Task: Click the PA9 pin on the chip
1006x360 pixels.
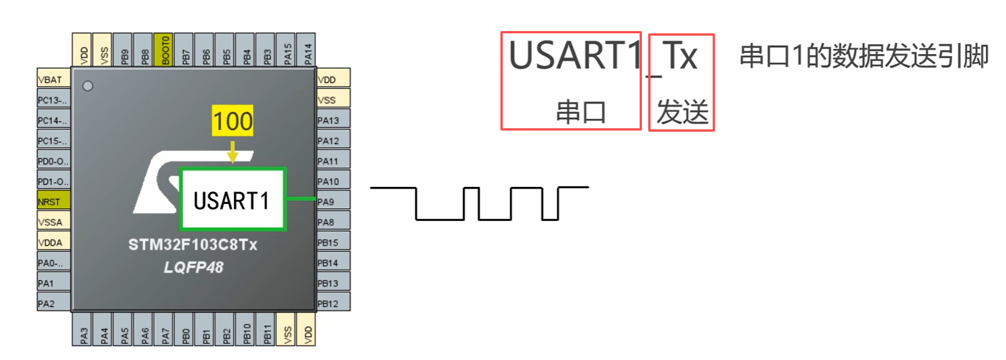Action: click(333, 201)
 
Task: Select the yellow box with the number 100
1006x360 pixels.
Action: click(232, 121)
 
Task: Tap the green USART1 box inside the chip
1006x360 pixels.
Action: click(232, 200)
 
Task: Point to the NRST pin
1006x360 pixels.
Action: click(53, 201)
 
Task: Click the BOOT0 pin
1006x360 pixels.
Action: click(165, 49)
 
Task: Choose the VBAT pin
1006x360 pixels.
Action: click(53, 79)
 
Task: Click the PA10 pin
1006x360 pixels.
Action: click(333, 181)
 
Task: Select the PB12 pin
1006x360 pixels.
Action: click(333, 303)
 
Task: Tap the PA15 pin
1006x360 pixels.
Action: click(288, 49)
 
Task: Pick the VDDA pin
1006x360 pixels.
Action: click(53, 242)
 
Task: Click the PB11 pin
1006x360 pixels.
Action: click(267, 330)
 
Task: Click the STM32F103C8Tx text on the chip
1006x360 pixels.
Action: click(193, 245)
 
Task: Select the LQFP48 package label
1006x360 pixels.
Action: click(193, 267)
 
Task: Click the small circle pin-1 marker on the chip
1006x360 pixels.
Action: click(87, 86)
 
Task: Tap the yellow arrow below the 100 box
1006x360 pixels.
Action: click(232, 152)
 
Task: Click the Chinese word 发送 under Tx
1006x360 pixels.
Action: click(682, 112)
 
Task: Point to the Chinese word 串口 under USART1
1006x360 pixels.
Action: click(581, 112)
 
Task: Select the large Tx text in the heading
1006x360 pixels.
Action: click(680, 56)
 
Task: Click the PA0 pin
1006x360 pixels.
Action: click(53, 263)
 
